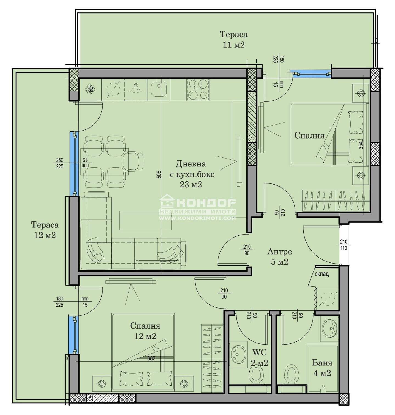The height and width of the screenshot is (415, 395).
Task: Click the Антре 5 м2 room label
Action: [280, 256]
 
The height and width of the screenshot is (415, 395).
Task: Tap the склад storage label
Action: [321, 274]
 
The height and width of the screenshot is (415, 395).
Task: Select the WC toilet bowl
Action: [256, 374]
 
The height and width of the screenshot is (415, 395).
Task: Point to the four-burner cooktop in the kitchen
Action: [198, 89]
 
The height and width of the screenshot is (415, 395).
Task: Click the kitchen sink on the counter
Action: [159, 89]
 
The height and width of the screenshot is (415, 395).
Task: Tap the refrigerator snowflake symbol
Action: [90, 89]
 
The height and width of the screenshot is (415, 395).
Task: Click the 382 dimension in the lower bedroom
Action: [151, 358]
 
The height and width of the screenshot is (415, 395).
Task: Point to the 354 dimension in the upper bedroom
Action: [361, 145]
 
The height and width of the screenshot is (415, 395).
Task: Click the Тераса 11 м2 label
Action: [234, 39]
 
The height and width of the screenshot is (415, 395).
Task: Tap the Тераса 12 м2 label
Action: [45, 230]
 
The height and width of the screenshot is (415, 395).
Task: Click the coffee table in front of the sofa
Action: [145, 221]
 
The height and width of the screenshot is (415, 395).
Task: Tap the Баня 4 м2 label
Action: [322, 368]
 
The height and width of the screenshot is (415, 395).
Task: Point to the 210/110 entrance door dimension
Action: [344, 245]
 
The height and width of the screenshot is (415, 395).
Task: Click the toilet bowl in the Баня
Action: [291, 374]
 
